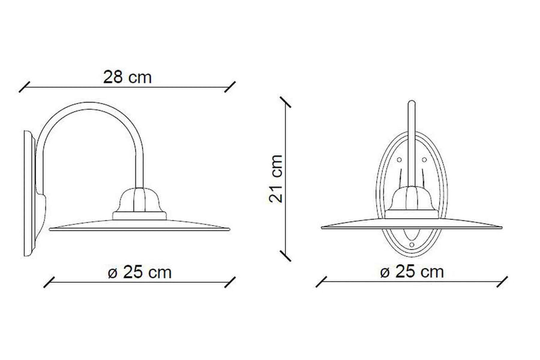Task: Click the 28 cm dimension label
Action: (127, 77)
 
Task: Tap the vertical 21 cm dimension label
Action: (276, 179)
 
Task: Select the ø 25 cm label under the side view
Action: (139, 272)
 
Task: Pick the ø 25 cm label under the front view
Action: (412, 272)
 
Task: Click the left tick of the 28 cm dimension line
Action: (24, 87)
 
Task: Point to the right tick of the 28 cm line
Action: (230, 87)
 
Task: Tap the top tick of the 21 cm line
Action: (286, 102)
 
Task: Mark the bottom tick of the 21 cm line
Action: (286, 256)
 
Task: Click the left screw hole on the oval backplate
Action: (399, 160)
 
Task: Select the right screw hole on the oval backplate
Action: (424, 160)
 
